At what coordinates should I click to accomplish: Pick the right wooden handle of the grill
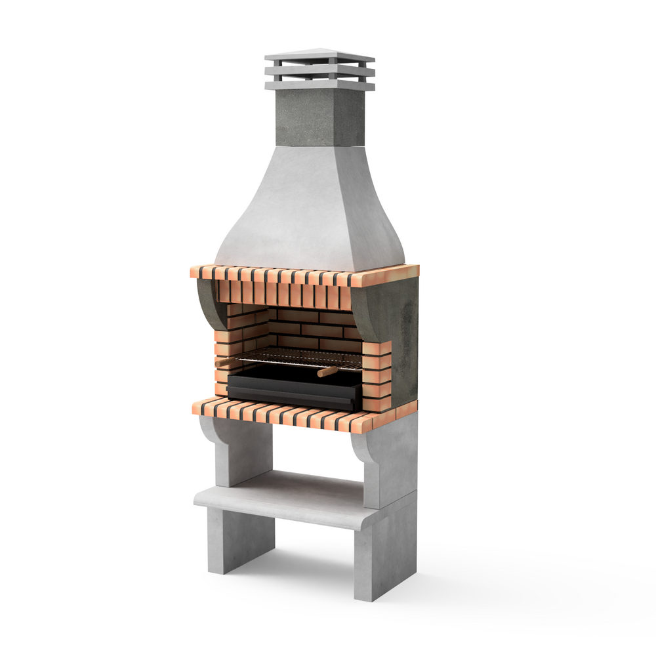click(x=327, y=371)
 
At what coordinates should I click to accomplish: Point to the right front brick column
click(x=377, y=374)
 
